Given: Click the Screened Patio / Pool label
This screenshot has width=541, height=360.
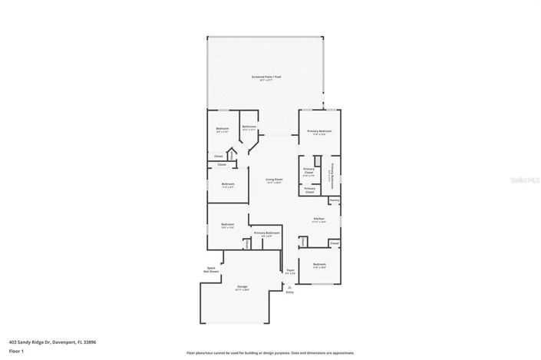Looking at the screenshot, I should click(266, 77).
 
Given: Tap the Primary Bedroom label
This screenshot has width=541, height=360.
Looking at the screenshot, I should click(319, 131).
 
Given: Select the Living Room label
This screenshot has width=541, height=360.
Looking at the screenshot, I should click(274, 179).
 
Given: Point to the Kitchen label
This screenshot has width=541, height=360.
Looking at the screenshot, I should click(318, 219).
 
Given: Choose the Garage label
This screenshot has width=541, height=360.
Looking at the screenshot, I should click(242, 286).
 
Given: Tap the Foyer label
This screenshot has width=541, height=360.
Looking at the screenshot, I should click(290, 270).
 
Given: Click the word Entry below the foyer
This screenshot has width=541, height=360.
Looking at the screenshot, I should click(289, 292).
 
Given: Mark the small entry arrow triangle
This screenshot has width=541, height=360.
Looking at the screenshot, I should click(289, 286).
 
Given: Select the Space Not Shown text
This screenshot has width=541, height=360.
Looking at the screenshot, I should click(210, 269).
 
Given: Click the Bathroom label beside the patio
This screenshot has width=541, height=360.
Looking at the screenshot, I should click(249, 127).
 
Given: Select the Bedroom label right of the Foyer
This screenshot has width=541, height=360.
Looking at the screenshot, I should click(319, 265).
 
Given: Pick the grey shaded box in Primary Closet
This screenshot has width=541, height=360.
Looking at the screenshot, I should click(316, 160).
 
